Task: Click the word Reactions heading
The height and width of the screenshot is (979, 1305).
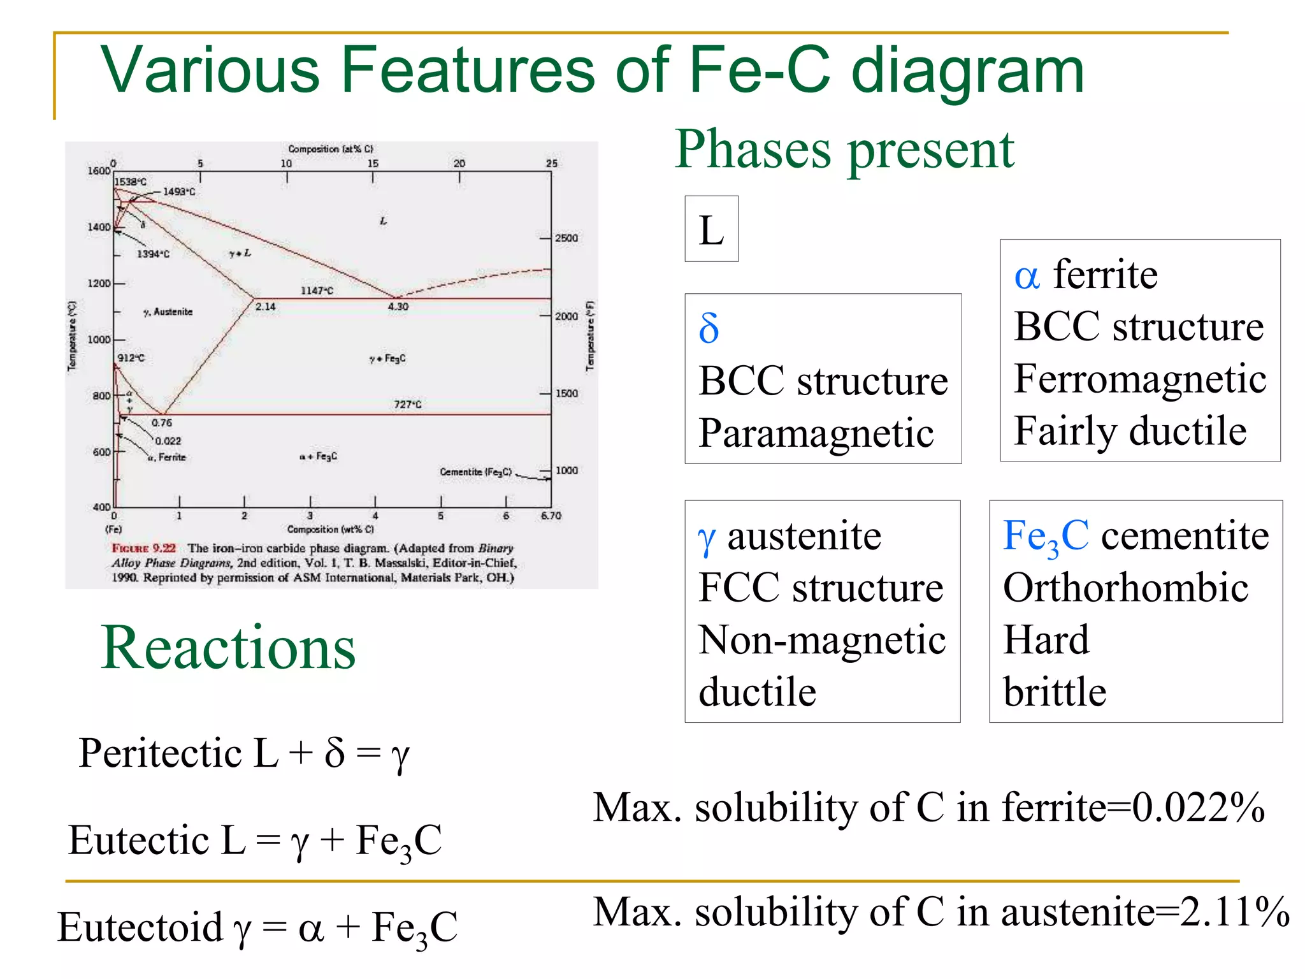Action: click(x=228, y=648)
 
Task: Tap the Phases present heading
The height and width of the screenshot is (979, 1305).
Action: click(x=844, y=150)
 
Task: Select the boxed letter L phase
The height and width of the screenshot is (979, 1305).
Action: click(x=711, y=229)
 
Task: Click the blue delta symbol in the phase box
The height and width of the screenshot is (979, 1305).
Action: click(x=709, y=329)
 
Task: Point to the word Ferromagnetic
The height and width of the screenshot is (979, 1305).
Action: click(x=1140, y=379)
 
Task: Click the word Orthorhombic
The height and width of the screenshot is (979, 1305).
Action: click(x=1125, y=588)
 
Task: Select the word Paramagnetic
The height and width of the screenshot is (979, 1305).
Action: click(x=816, y=433)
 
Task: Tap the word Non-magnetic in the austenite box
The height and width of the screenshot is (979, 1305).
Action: click(x=822, y=640)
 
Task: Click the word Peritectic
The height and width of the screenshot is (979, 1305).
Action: click(x=160, y=753)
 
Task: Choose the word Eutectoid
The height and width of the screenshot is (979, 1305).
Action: click(x=140, y=927)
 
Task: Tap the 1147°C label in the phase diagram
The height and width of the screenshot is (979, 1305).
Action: click(x=317, y=291)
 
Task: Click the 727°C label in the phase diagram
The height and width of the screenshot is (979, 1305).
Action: click(x=407, y=404)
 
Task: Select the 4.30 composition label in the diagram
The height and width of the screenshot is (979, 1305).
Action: click(x=398, y=307)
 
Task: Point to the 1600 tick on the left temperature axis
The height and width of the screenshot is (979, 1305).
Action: click(x=99, y=171)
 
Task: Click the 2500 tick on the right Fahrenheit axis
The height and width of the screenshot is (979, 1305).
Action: click(x=566, y=238)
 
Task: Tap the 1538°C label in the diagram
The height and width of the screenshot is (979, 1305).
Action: click(x=131, y=182)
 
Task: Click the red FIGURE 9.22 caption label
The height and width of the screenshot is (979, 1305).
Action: click(x=143, y=548)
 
